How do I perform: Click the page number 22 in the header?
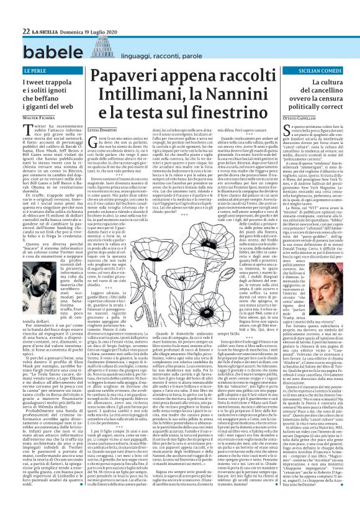pos(27,14)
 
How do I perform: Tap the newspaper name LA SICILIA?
pos(46,14)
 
